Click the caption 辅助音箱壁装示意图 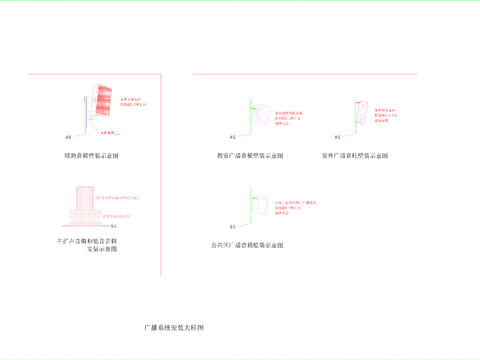click(91, 157)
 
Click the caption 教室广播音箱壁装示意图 click(250, 156)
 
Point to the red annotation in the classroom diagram click(290, 116)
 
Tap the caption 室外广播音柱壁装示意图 click(355, 156)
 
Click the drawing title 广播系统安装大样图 click(174, 327)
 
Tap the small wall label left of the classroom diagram click(231, 136)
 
